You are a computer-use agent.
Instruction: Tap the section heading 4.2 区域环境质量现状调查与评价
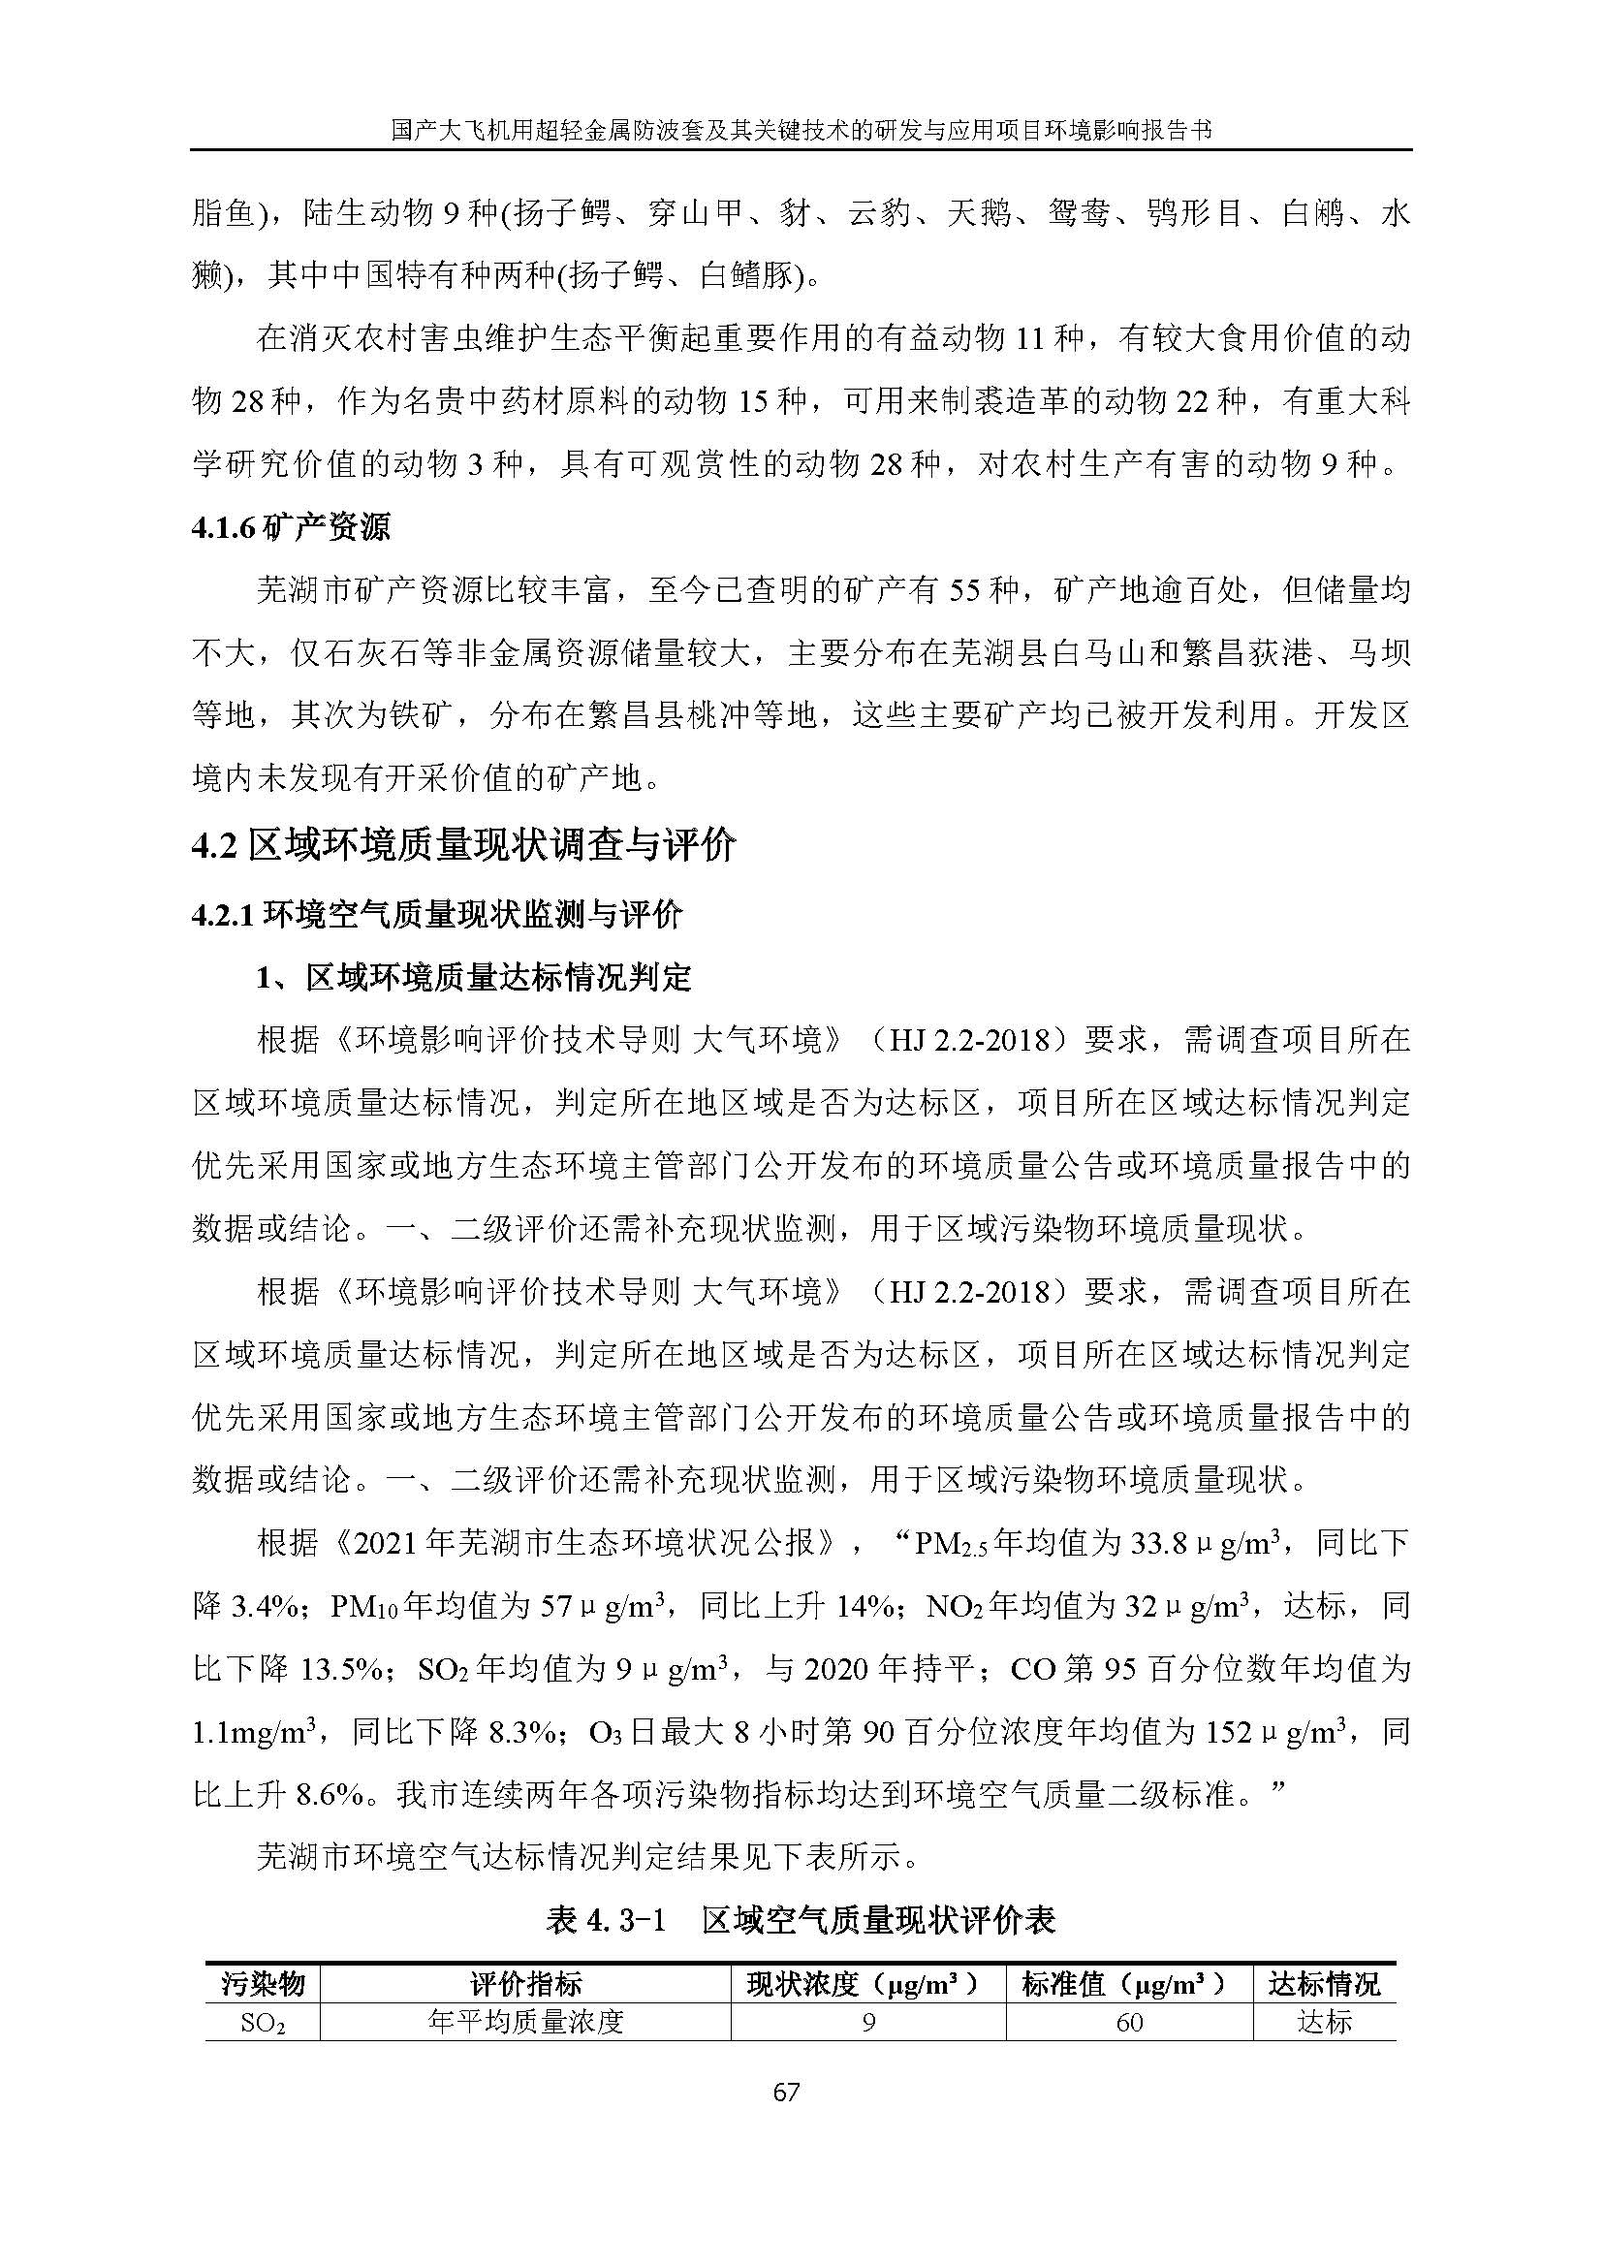464,845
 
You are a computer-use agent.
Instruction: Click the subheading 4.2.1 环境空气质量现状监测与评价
436,914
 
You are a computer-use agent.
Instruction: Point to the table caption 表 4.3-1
607,1919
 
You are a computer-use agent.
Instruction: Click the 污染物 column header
264,1984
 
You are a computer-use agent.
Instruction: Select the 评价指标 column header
525,1984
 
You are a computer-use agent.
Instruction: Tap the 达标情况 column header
1325,1984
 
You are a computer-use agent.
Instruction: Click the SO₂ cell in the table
264,2022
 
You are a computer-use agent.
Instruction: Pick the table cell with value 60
1129,2022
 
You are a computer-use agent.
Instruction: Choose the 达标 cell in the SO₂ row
1325,2022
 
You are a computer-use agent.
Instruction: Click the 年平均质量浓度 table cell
525,2022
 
